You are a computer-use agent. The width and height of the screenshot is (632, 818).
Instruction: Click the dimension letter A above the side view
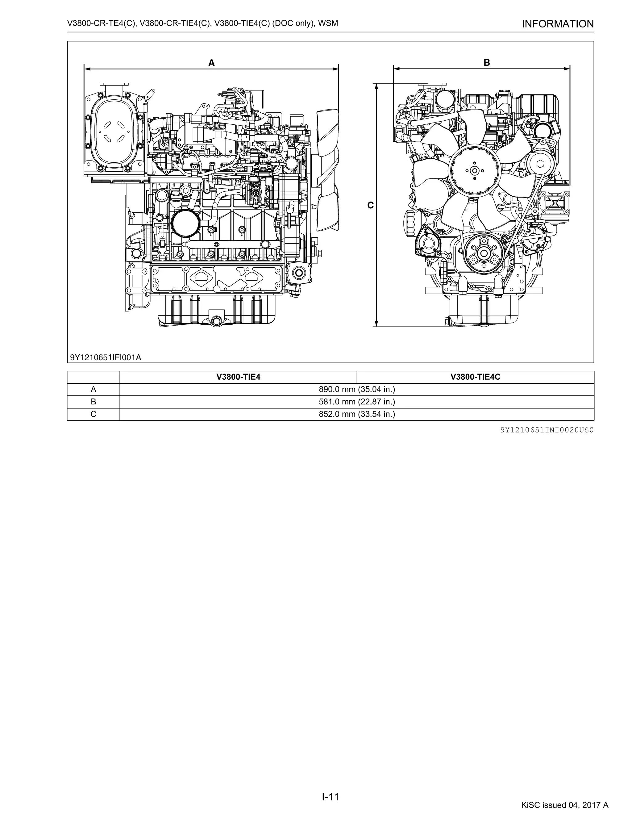[211, 63]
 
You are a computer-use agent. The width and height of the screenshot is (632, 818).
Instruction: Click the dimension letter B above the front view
[487, 63]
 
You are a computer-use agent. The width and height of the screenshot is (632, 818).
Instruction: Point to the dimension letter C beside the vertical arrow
[370, 205]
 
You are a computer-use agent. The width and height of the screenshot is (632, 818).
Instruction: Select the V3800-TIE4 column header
[238, 377]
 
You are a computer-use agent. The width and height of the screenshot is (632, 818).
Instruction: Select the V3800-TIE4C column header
[475, 377]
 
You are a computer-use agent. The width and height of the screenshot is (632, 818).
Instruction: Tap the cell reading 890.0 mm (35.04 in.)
[357, 390]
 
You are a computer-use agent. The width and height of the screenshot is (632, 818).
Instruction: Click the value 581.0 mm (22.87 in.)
[357, 402]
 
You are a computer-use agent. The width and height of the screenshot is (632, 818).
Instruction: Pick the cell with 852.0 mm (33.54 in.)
[357, 414]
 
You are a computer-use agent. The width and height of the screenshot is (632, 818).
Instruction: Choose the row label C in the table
[93, 414]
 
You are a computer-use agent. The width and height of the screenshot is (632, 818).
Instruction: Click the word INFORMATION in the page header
[558, 24]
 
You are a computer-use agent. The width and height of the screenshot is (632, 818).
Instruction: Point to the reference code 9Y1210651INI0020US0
[547, 430]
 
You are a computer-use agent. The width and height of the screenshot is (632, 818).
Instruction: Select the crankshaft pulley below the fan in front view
[484, 253]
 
